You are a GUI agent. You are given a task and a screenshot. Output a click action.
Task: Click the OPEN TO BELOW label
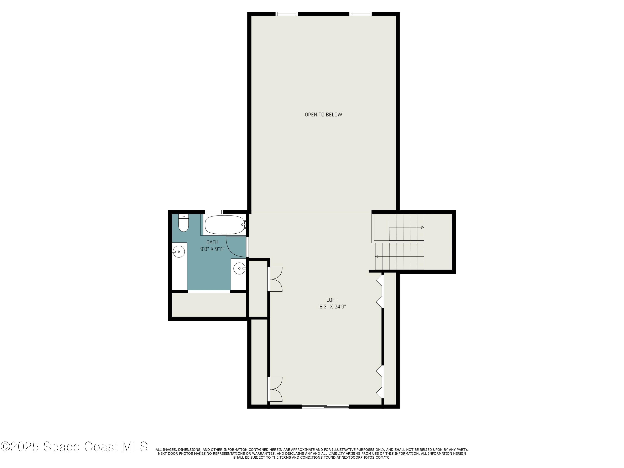click(x=323, y=115)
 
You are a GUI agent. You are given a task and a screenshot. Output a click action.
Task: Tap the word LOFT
click(x=332, y=300)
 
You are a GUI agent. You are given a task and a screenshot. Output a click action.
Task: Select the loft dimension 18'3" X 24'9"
click(x=332, y=307)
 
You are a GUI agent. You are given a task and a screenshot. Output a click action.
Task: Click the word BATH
click(x=212, y=242)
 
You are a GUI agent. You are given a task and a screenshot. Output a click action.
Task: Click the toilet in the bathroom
click(x=183, y=224)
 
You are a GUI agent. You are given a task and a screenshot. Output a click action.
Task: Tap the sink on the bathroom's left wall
click(x=178, y=251)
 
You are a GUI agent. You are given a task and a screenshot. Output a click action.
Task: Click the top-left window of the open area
click(x=287, y=14)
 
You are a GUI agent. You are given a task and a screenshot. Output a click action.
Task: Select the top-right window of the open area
click(x=360, y=14)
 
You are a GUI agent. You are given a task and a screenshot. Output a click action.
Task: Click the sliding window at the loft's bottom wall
click(x=325, y=406)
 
